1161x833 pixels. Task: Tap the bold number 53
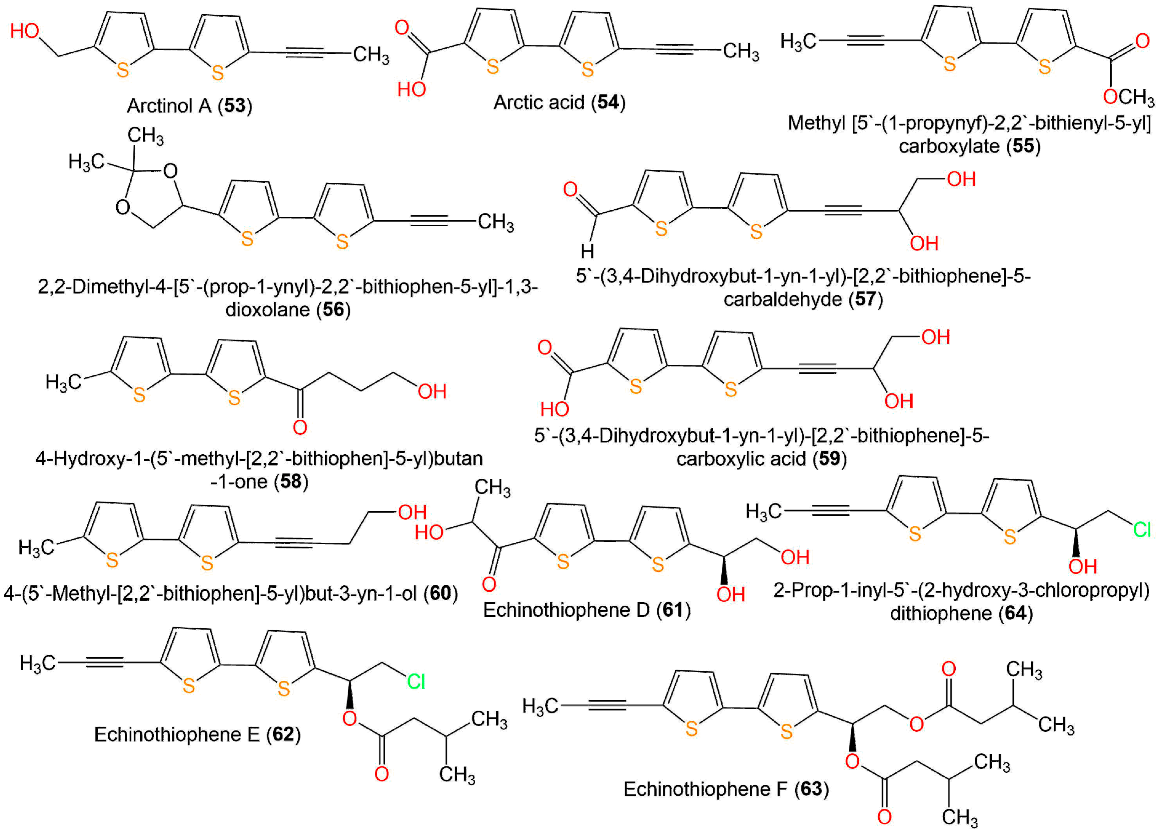tap(235, 106)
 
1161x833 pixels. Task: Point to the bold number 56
tap(333, 309)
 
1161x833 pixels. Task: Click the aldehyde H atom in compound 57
tap(587, 251)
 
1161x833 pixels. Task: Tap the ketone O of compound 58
tap(300, 427)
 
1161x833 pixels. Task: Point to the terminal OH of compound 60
tap(412, 512)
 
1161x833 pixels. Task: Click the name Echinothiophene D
tap(566, 610)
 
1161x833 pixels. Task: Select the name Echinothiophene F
tap(705, 789)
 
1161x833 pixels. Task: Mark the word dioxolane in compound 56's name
tap(267, 309)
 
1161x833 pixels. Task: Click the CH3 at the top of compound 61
tap(492, 488)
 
